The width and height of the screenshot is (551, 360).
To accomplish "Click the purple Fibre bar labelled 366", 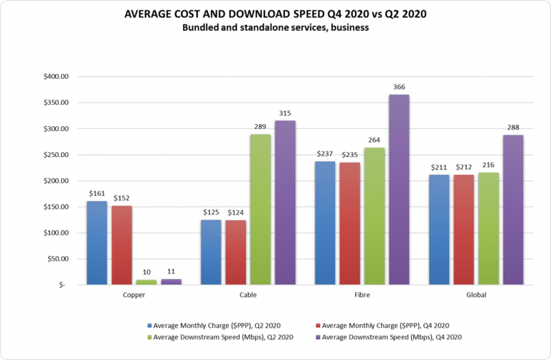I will point(400,189).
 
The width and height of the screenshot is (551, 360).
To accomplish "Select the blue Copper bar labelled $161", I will point(97,242).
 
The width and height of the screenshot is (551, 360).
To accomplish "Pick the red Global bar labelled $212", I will point(464,218).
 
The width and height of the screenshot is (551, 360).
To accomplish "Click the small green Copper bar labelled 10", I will point(146,282).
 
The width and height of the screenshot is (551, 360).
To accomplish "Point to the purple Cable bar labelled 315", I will point(286,202).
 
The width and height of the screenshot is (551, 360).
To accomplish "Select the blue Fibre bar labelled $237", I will point(325,222).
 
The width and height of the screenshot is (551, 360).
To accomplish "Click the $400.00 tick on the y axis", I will point(55,77).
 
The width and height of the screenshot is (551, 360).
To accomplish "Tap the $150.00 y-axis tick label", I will point(55,207).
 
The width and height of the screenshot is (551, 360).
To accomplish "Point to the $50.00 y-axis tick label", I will point(57,259).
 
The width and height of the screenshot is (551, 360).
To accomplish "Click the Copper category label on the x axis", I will point(134,295).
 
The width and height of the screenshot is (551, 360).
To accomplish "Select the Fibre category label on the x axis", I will point(362,295).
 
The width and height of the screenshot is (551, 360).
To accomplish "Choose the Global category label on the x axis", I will point(476,295).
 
